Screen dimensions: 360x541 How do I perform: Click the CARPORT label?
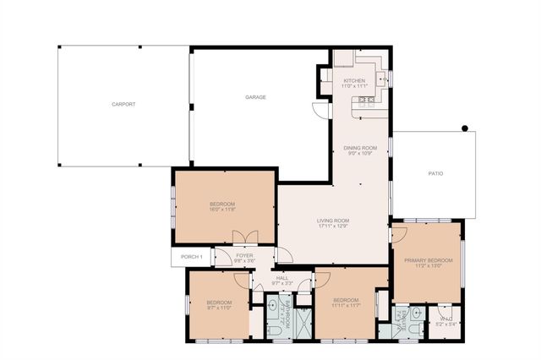(123, 104)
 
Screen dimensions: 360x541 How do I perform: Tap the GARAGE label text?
(255, 97)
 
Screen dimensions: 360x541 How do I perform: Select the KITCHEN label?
(353, 80)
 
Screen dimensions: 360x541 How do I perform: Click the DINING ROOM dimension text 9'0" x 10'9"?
(358, 153)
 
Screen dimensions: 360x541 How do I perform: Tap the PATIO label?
(435, 173)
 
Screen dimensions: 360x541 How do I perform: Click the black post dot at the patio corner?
(464, 128)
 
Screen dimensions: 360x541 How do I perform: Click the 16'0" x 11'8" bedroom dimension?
(222, 210)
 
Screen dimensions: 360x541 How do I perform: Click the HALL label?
(281, 277)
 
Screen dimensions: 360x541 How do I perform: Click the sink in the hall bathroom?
(274, 307)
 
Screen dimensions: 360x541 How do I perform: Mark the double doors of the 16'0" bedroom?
(242, 238)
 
